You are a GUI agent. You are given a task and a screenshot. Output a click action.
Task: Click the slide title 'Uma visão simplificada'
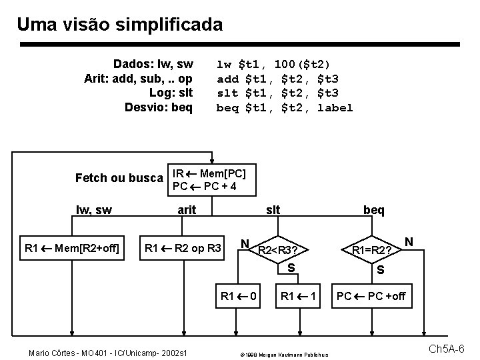pos(120,25)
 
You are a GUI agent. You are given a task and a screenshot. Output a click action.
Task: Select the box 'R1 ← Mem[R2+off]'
pos(71,249)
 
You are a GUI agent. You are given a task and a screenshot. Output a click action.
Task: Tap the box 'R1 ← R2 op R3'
pos(184,249)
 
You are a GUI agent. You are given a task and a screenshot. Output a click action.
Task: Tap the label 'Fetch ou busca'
pos(119,178)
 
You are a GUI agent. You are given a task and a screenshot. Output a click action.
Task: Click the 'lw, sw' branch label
pos(94,210)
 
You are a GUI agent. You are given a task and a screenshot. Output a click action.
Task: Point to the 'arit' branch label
pos(187,210)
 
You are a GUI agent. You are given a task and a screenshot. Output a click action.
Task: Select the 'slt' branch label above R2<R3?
pos(273,210)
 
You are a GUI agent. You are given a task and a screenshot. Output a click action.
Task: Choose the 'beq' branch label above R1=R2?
pos(374,210)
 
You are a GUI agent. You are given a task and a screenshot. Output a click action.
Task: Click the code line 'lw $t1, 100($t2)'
pos(273,65)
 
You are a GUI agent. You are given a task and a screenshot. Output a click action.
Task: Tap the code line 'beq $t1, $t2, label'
pos(285,107)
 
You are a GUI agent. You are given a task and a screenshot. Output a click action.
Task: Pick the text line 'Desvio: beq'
pos(159,107)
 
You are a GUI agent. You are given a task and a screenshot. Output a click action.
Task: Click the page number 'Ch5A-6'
pos(451,349)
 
